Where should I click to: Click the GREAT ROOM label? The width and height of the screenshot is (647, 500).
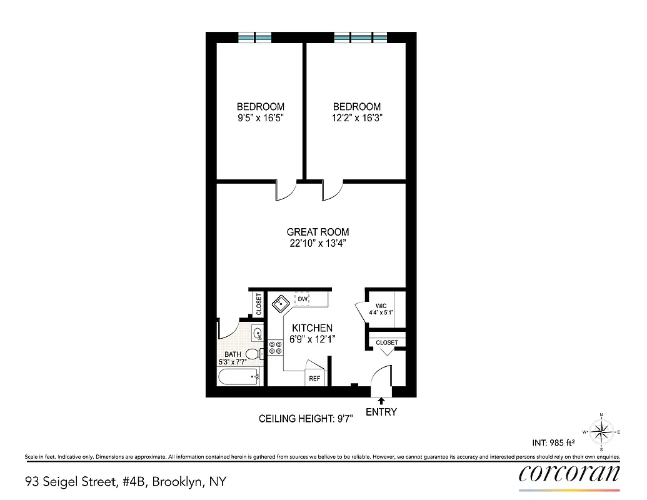pyautogui.click(x=318, y=232)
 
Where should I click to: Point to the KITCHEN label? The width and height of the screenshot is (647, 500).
pyautogui.click(x=311, y=328)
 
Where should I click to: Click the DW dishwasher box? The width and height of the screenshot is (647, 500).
pyautogui.click(x=303, y=299)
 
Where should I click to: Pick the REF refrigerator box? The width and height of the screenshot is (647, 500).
pyautogui.click(x=314, y=378)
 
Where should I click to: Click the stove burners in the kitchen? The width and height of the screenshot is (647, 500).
pyautogui.click(x=274, y=347)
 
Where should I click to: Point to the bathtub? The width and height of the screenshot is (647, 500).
pyautogui.click(x=238, y=376)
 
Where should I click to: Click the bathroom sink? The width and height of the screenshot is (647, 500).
pyautogui.click(x=256, y=332)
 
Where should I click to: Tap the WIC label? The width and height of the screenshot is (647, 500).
pyautogui.click(x=381, y=306)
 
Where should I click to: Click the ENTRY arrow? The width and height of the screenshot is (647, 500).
pyautogui.click(x=381, y=401)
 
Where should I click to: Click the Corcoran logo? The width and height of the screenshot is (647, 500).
pyautogui.click(x=569, y=473)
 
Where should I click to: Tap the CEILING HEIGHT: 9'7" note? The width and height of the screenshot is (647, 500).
pyautogui.click(x=306, y=419)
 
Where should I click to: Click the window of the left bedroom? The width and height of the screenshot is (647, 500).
pyautogui.click(x=255, y=37)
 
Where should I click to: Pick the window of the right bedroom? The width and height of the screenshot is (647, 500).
pyautogui.click(x=361, y=37)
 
